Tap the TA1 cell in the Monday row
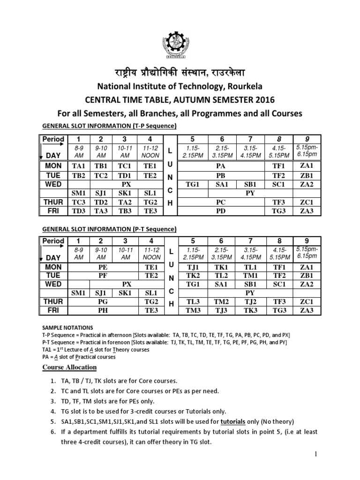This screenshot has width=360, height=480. point(77,165)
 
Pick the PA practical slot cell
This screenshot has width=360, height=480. point(222,165)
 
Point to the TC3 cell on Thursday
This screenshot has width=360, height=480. point(77,202)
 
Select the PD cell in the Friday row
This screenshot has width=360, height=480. point(222,211)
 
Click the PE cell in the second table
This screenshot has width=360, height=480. point(102,267)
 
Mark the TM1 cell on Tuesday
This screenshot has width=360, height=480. point(250,276)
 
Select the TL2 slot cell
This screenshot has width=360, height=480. point(222,276)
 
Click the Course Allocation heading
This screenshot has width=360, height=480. point(69,367)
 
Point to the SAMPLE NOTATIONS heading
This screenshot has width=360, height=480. point(67,328)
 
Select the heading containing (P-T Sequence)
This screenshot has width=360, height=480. point(109,229)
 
